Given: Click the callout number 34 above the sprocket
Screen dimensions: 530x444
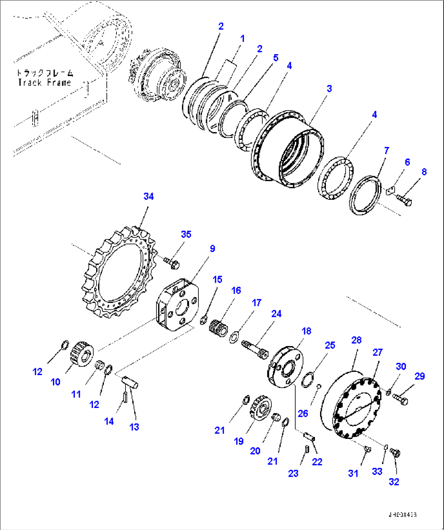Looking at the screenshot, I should tap(148, 196).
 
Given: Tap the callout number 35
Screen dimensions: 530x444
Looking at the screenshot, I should tap(186, 234).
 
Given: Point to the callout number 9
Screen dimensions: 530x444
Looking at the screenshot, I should tap(212, 248).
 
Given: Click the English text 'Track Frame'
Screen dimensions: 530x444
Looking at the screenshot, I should tap(44, 83).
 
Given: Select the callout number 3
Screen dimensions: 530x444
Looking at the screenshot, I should tap(329, 88).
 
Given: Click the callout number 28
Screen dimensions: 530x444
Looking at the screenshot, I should tap(356, 340).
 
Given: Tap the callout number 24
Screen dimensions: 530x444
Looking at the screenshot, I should tap(276, 313).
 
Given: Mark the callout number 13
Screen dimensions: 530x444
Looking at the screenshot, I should tap(134, 427).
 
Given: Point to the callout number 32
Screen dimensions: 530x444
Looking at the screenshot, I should tap(393, 482).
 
